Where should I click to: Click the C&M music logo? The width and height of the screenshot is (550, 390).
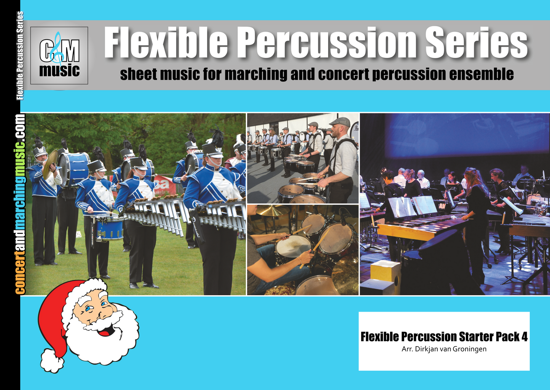[x=59, y=56]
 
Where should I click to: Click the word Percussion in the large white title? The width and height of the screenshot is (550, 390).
[x=326, y=43]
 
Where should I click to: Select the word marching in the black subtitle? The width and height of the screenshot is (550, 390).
[x=256, y=74]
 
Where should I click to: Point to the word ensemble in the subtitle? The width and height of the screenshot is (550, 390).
[x=481, y=74]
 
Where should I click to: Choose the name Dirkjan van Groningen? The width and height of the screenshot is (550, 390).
[x=451, y=349]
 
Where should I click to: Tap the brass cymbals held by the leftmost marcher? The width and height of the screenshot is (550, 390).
[x=50, y=164]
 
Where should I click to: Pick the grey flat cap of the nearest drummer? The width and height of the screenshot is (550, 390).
[x=340, y=122]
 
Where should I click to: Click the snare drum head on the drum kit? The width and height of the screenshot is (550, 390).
[x=293, y=246]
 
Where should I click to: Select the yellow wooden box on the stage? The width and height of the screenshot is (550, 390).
[x=385, y=271]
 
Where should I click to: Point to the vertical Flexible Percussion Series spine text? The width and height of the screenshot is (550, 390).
[x=20, y=56]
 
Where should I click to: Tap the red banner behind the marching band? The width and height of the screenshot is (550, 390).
[x=165, y=186]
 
